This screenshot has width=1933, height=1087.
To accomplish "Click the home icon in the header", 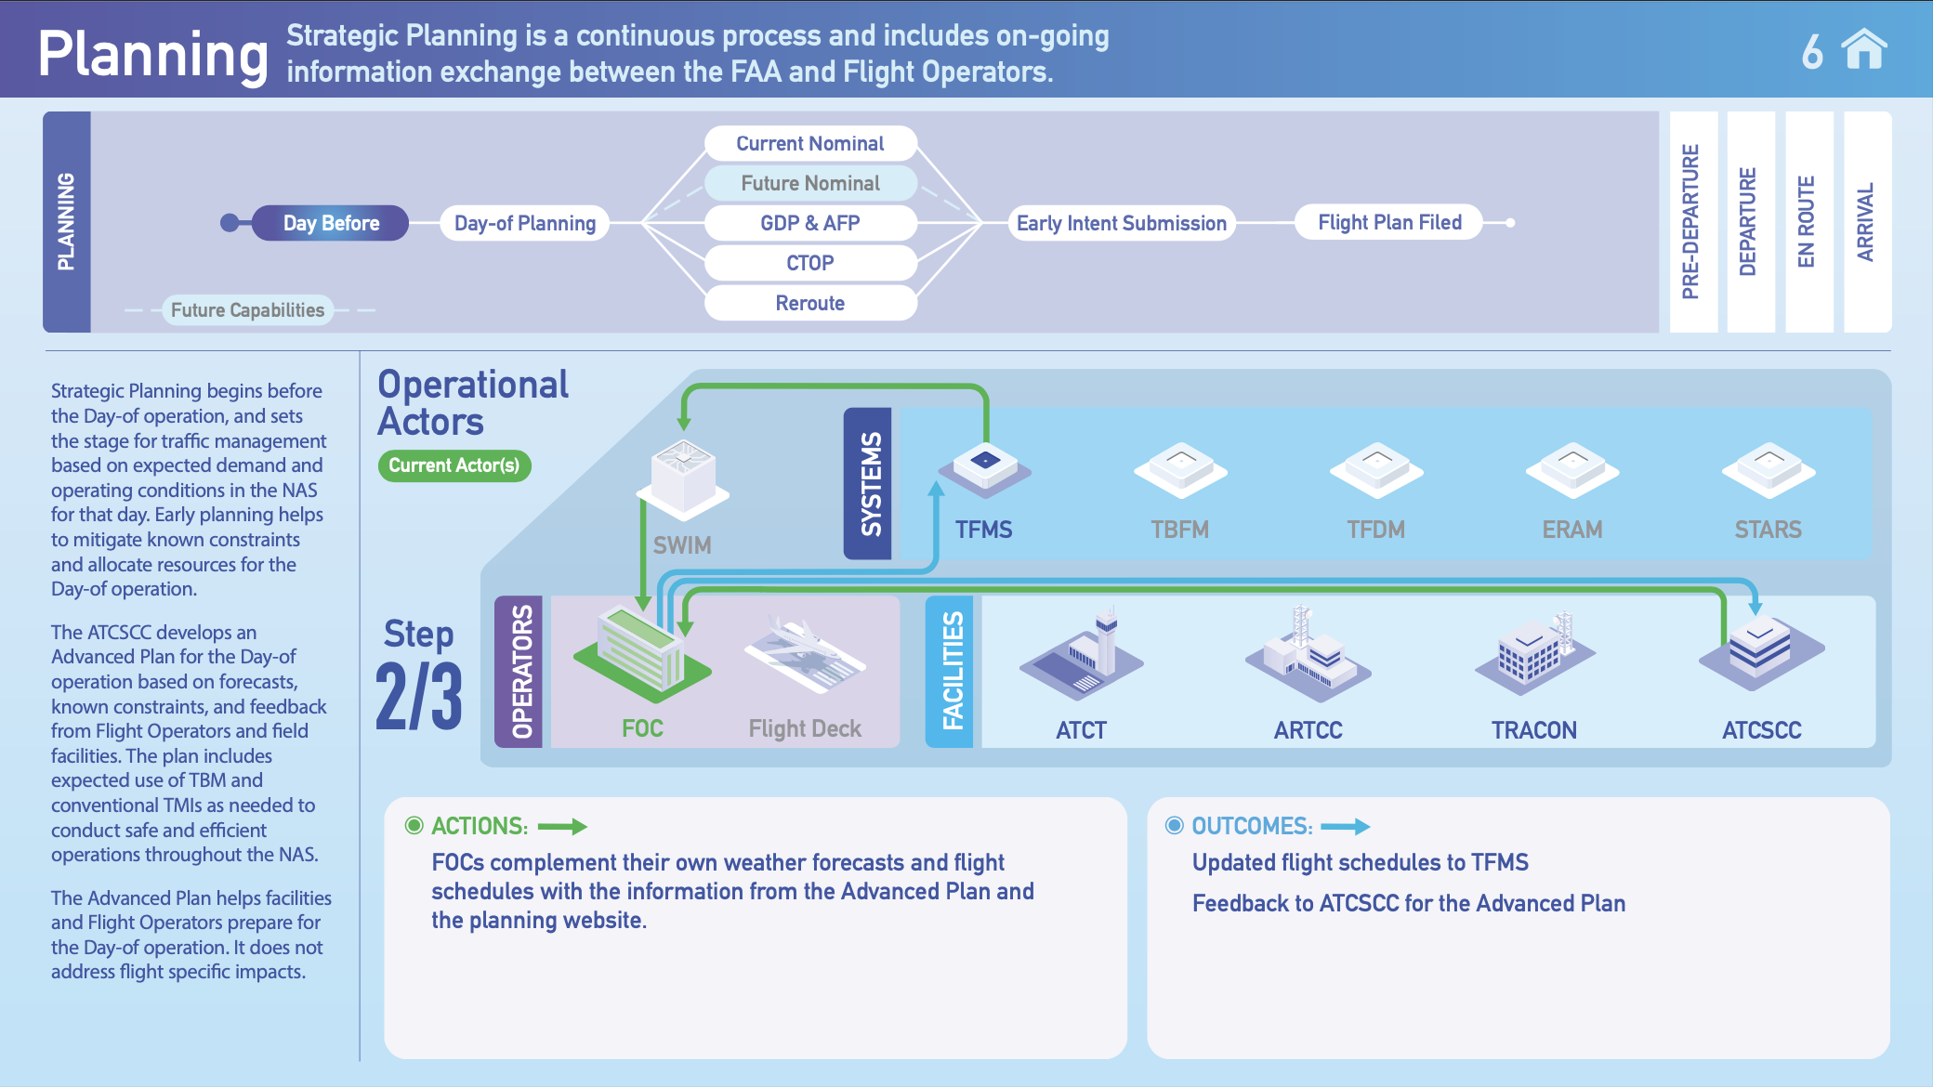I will tap(1864, 50).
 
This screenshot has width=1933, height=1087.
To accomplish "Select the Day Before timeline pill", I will tap(331, 223).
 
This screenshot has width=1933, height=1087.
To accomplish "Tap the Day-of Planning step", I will tap(525, 223).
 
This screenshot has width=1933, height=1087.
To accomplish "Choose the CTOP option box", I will tap(810, 263).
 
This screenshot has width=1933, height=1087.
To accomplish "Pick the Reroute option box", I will tap(810, 303).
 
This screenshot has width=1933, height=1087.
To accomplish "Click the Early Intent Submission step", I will tap(1122, 223).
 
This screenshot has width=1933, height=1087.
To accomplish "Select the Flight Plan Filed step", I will tap(1389, 222).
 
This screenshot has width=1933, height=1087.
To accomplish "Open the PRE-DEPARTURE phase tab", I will tap(1692, 222).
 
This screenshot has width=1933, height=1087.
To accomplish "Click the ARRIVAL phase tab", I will tap(1866, 222).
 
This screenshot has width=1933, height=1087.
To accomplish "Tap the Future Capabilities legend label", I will tap(247, 310).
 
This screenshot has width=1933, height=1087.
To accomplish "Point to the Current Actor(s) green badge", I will tap(454, 465).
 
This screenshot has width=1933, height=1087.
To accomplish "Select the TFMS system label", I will tap(983, 530).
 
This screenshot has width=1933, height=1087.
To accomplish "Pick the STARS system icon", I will tap(1768, 469).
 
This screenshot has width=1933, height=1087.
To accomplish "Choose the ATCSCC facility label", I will tap(1761, 730).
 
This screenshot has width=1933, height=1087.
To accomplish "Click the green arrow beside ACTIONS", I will tap(562, 826).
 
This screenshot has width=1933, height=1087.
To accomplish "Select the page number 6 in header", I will tap(1812, 52).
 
